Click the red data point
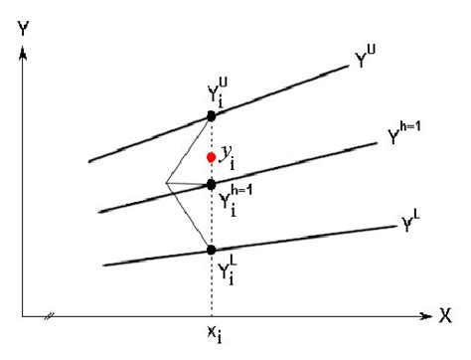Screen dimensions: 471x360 [211, 157]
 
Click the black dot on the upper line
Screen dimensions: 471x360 [211, 116]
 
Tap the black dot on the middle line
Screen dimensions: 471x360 [211, 184]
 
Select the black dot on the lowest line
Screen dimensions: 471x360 [211, 250]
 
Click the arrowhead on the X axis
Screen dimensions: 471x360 [425, 318]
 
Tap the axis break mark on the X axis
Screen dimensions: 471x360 [47, 318]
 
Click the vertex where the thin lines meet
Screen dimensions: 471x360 [166, 183]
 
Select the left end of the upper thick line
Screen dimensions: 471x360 [89, 160]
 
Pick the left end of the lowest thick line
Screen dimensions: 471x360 [103, 265]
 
